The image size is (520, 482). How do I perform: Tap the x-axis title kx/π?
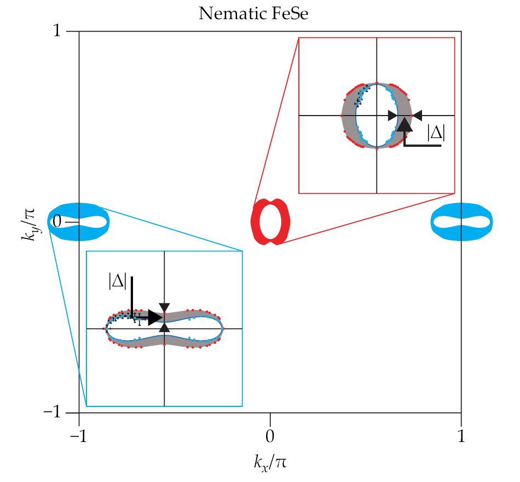coord(270,463)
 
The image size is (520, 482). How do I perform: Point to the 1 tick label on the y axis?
coord(56,31)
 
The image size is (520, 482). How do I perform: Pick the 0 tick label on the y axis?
coord(55,222)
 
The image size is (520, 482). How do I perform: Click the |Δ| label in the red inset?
coord(436,133)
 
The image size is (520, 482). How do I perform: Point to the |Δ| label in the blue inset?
coord(117,282)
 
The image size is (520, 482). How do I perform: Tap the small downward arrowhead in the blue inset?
coord(164,307)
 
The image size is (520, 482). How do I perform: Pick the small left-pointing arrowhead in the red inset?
coord(418,116)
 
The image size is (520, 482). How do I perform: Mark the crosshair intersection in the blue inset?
coord(164,329)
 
